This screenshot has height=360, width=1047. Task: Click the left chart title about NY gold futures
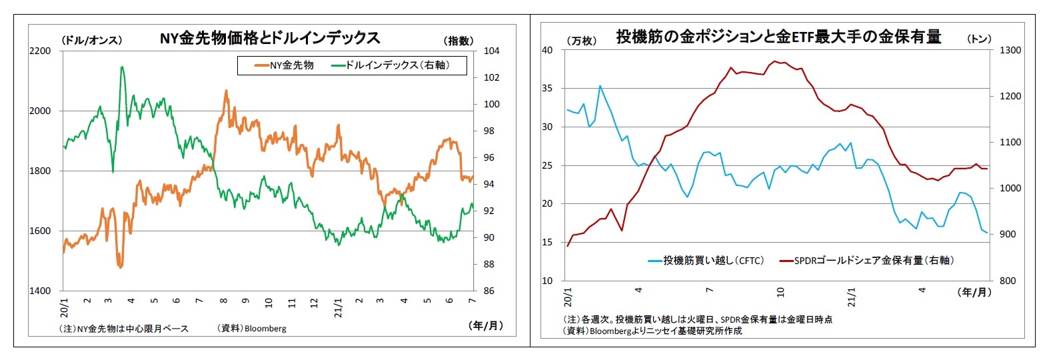point(269,38)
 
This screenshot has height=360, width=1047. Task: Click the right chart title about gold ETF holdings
point(778,37)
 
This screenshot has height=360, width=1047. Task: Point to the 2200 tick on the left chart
point(40,51)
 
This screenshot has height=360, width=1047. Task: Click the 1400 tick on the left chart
point(40,291)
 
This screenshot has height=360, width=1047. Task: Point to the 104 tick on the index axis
point(491,51)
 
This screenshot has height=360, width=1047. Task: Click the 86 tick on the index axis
point(489,291)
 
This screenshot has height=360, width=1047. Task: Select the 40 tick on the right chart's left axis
point(547,50)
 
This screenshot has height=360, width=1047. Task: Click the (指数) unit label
point(459,41)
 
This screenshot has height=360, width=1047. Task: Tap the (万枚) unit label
point(581,41)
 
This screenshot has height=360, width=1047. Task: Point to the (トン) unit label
point(979,39)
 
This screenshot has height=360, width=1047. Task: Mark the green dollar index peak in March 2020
point(122,67)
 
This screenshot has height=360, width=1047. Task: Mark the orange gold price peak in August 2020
point(226,91)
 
